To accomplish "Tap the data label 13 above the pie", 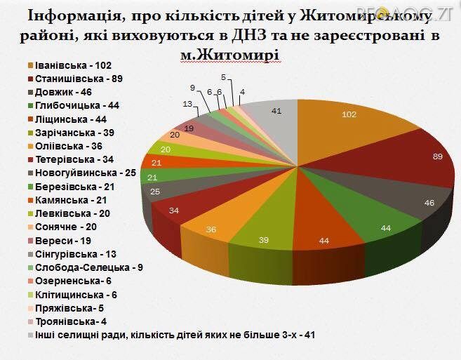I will point(188,104).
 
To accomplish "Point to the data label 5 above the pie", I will point(222,77).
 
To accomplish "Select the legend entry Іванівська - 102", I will point(68,66).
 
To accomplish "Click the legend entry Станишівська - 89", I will point(72,79).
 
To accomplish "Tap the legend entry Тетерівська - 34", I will point(70,159).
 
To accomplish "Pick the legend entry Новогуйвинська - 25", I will point(79,173).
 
